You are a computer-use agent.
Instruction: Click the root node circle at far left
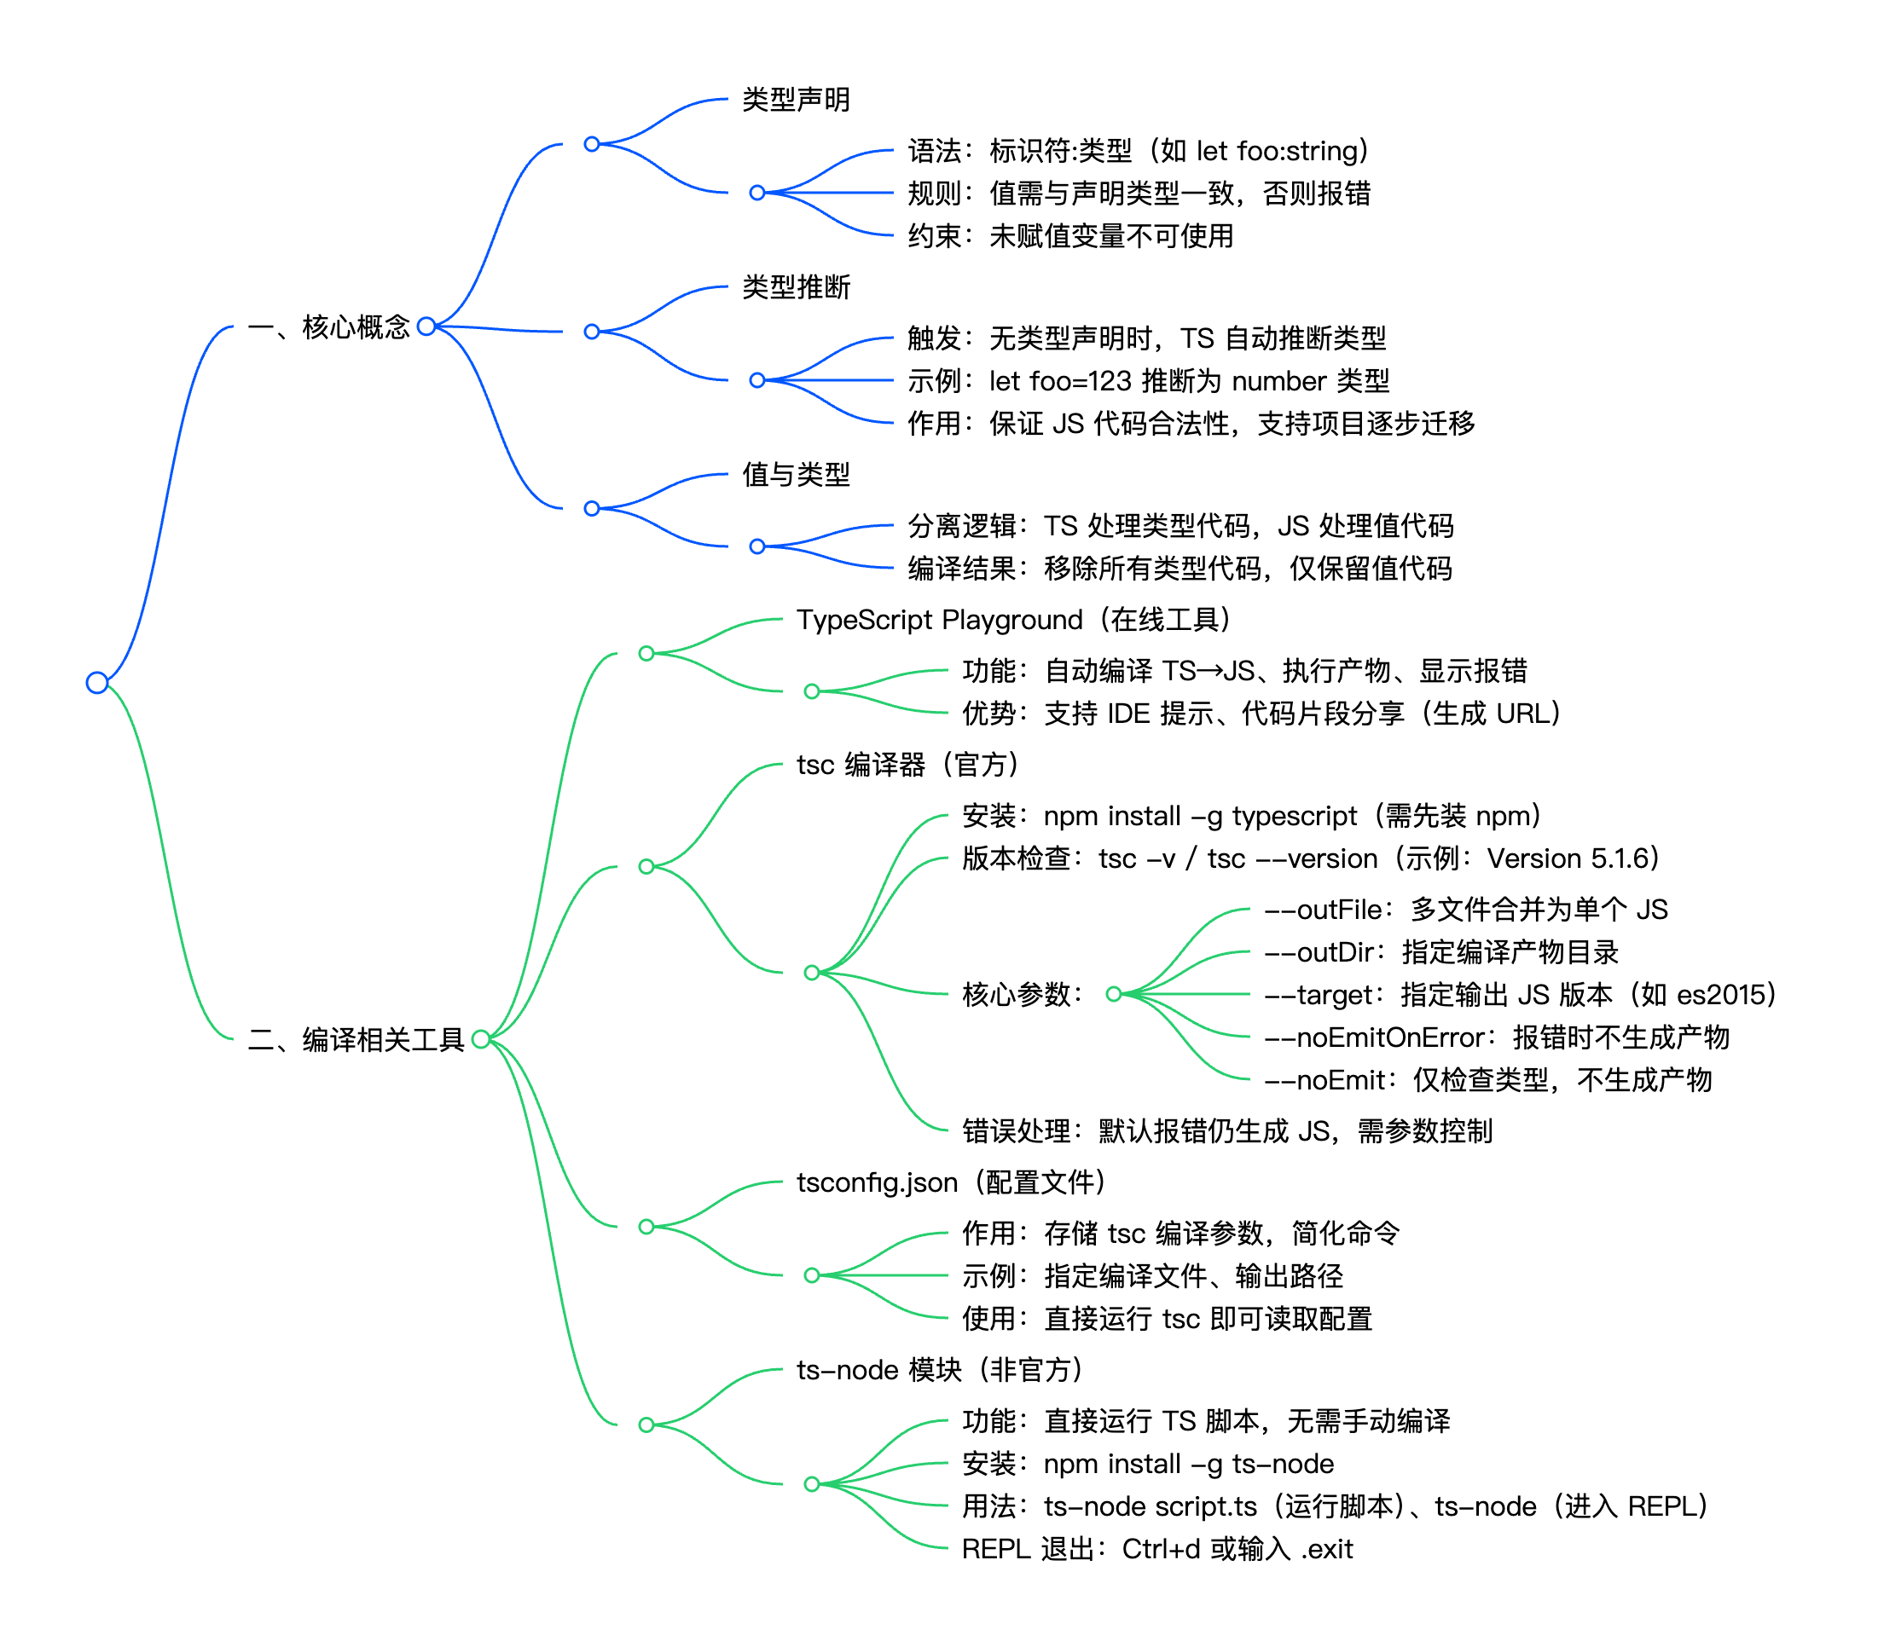coord(97,683)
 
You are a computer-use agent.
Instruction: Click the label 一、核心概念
coord(329,327)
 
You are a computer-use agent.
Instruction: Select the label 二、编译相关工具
coord(356,1040)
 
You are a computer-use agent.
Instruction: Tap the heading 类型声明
coord(796,99)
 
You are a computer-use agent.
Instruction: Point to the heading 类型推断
coord(796,287)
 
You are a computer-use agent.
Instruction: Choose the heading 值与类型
coord(796,475)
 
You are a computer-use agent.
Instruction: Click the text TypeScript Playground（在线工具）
coord(1012,620)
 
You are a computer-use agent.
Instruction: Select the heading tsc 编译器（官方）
coord(907,764)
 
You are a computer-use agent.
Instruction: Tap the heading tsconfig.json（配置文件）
coord(951,1182)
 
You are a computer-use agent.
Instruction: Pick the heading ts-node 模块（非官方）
coord(939,1370)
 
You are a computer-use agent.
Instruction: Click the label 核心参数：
coord(1023,994)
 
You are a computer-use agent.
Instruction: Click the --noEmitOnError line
coord(1497,1037)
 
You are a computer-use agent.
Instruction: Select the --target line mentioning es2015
coord(1520,995)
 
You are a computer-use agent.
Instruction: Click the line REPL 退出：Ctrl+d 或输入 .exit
coord(1156,1550)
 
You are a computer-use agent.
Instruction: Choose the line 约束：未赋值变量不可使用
coord(1070,236)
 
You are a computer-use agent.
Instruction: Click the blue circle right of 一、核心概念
coord(426,327)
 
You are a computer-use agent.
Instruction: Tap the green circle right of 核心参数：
coord(1114,994)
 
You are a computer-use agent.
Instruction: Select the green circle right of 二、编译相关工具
coord(480,1039)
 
